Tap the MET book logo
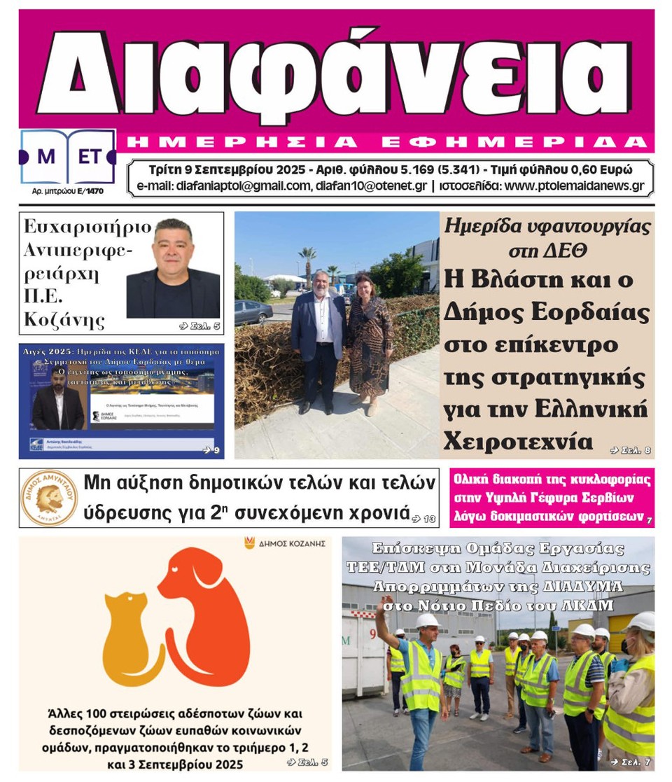pos(68,157)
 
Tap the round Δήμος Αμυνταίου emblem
pos(49,498)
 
